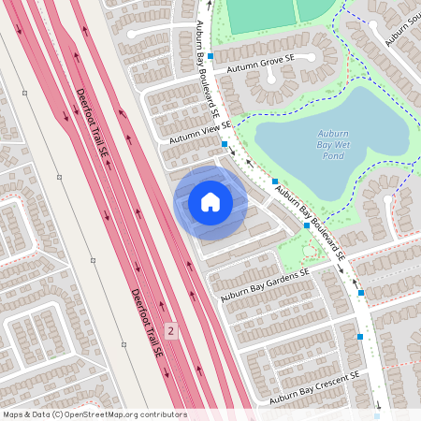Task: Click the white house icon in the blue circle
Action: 210,202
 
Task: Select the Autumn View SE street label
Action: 199,132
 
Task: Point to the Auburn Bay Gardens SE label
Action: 265,285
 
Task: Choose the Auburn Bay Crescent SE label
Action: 314,387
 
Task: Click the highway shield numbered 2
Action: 170,330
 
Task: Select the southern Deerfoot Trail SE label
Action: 147,324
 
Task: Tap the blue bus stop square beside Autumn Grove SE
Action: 210,56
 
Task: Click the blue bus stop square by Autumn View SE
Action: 225,144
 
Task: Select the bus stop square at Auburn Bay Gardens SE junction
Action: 307,225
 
